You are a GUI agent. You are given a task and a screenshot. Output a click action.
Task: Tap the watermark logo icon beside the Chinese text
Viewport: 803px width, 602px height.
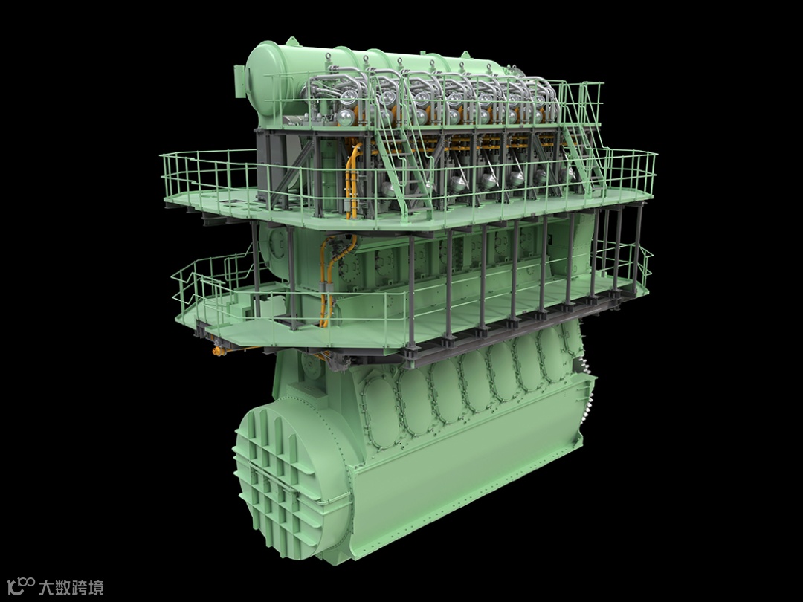21,586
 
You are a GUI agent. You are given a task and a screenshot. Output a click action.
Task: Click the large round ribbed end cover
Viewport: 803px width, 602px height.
293,481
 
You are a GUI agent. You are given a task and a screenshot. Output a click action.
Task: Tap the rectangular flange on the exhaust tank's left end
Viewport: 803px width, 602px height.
239,81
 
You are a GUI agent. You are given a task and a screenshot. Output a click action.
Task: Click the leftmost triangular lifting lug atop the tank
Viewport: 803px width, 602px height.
291,42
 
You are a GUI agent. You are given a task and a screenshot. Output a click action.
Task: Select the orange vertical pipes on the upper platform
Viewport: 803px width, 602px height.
353,180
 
